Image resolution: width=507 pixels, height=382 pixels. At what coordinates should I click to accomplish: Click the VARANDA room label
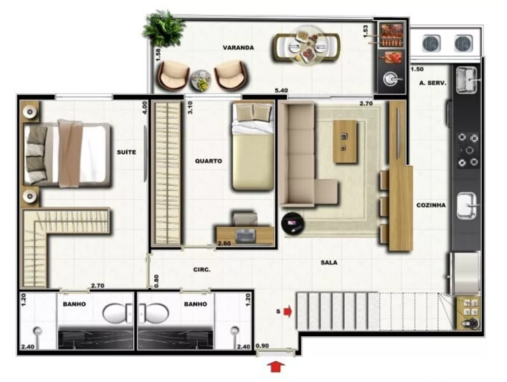[238, 48]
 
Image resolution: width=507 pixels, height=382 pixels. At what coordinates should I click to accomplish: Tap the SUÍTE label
[126, 152]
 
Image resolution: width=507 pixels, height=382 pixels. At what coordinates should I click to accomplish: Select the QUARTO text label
[208, 161]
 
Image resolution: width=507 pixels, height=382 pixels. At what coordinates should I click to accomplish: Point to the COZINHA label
[431, 205]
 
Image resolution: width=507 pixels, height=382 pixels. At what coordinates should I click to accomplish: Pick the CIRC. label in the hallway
[202, 270]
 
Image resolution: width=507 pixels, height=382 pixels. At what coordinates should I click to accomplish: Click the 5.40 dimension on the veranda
[281, 90]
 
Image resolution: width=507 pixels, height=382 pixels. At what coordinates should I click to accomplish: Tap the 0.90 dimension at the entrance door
[262, 346]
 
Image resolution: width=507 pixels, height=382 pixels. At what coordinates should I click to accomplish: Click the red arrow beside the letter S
[288, 311]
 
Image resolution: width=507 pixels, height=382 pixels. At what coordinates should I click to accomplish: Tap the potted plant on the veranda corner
[163, 28]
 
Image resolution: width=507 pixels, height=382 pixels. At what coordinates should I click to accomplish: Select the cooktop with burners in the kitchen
[467, 150]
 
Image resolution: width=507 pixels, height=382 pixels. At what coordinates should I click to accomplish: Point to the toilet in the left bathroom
[118, 313]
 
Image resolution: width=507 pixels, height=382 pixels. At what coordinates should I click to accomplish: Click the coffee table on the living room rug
[345, 141]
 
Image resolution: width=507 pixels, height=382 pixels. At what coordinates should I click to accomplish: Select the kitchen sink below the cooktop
[467, 206]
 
